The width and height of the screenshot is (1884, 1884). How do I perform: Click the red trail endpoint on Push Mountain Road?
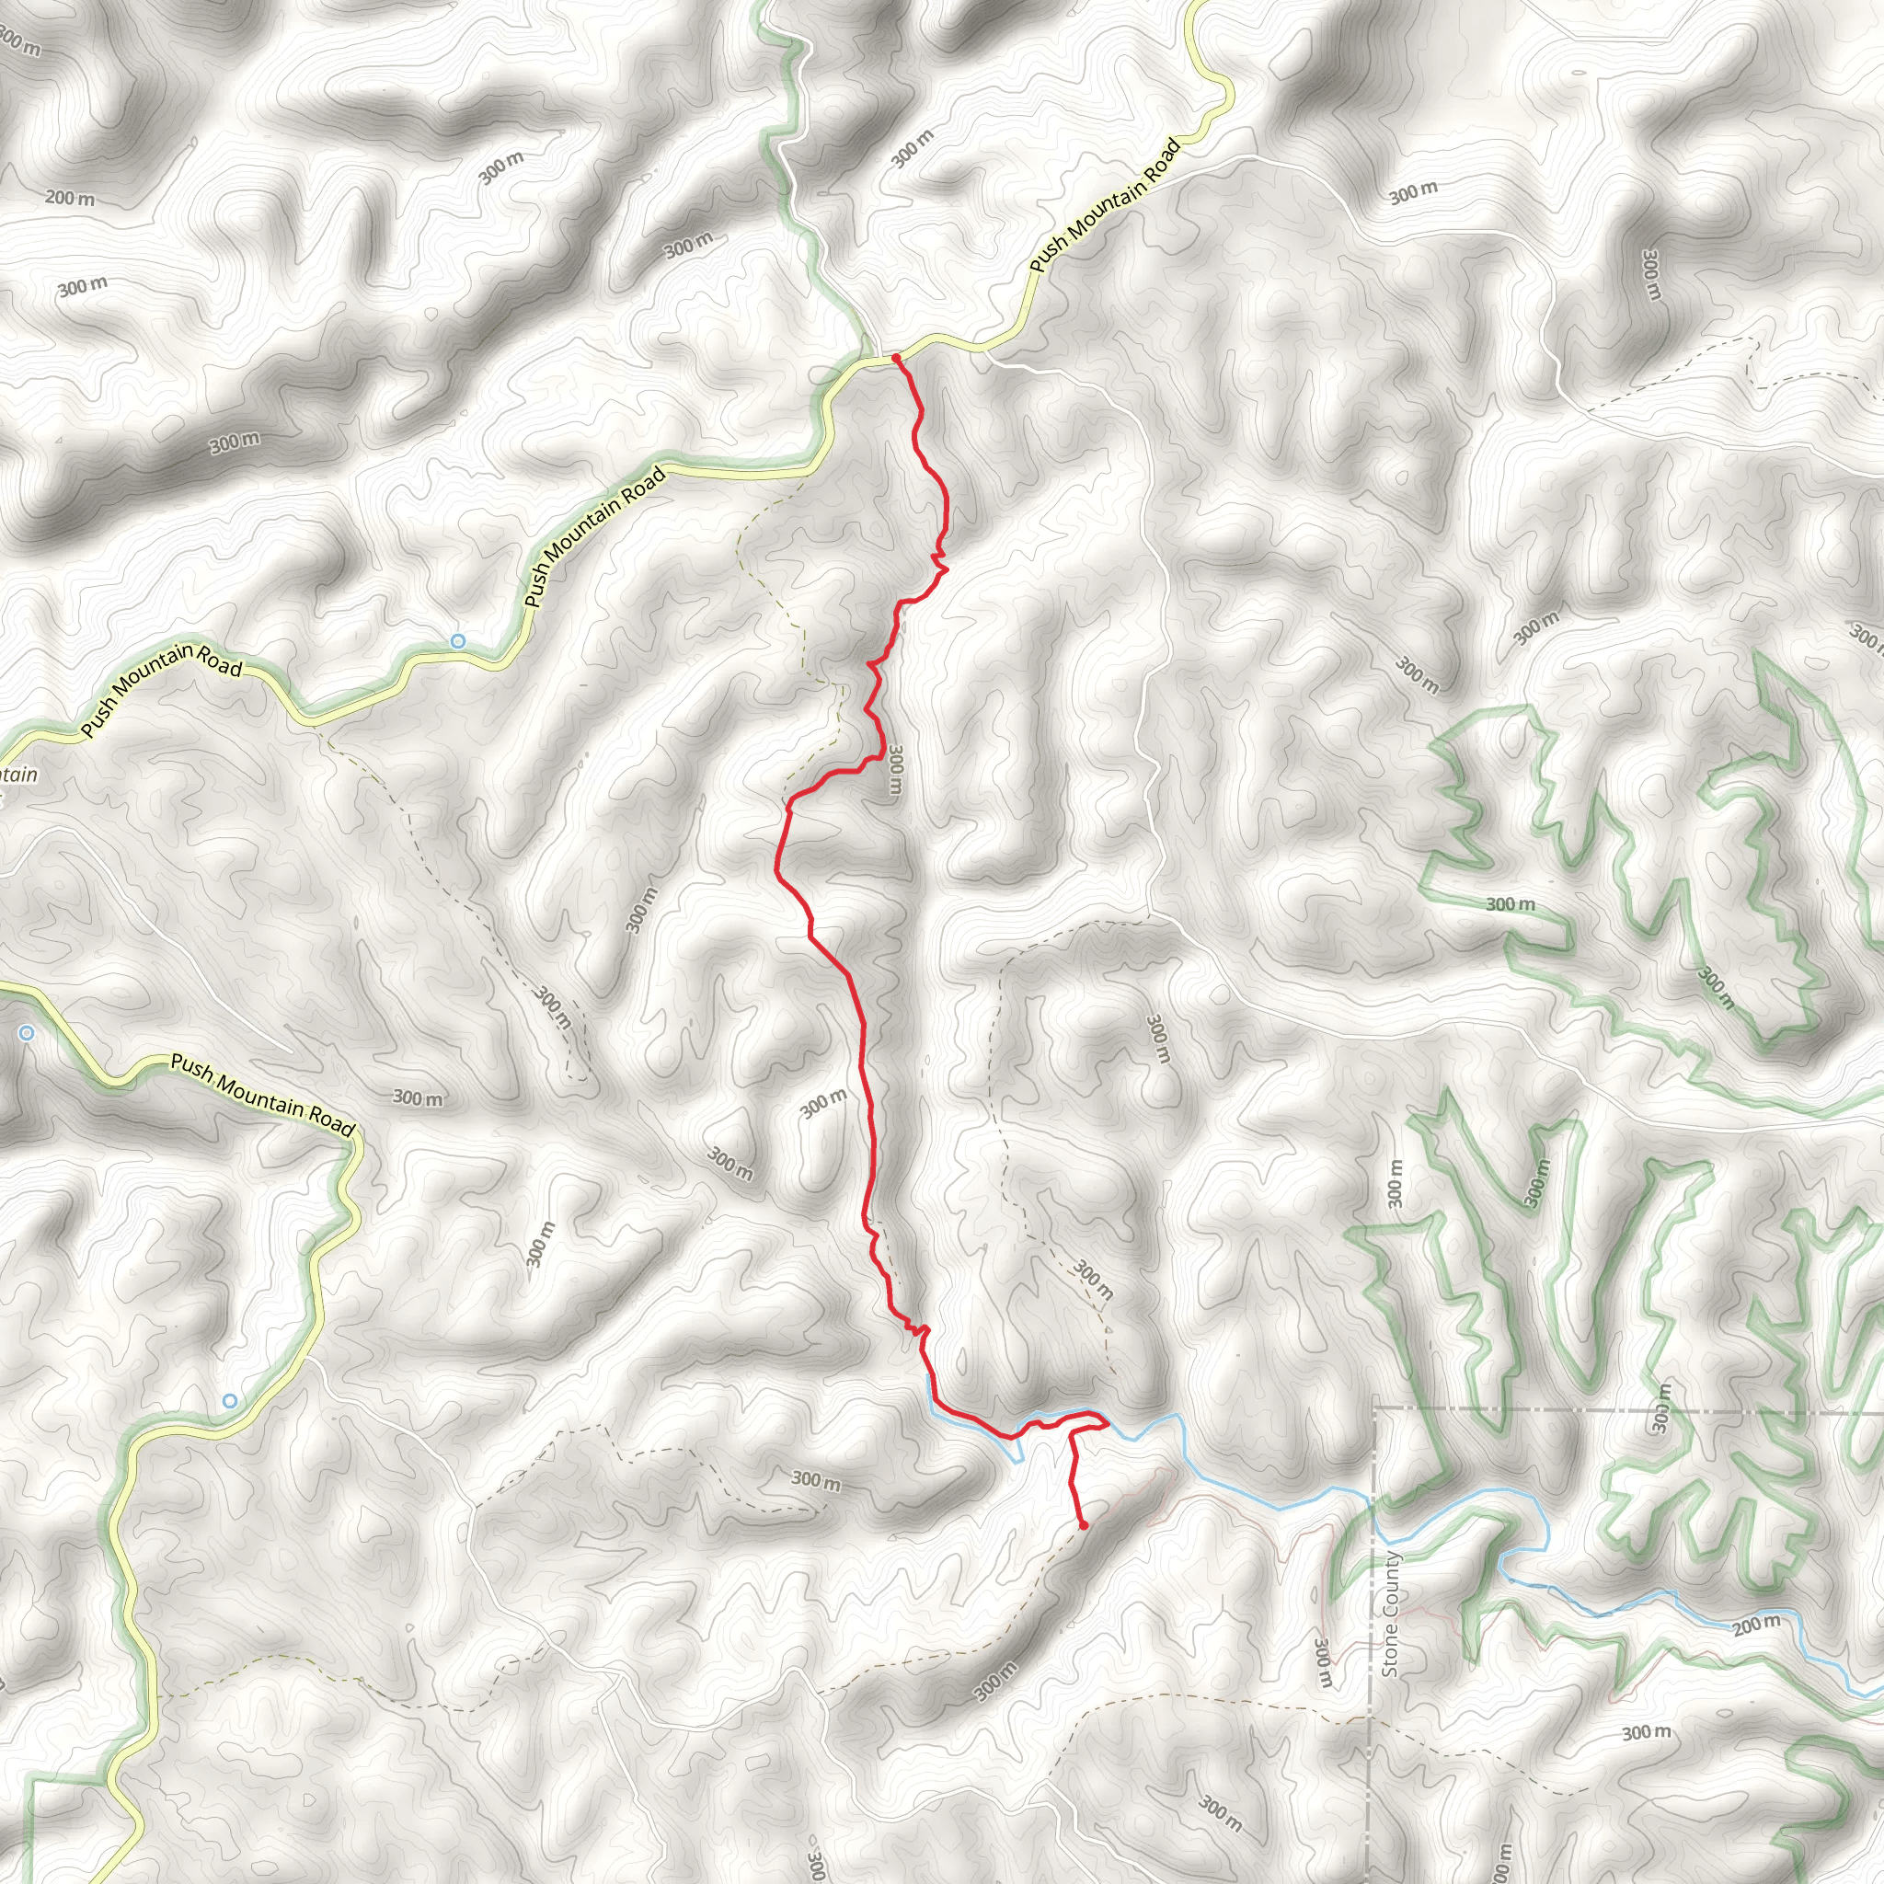895,359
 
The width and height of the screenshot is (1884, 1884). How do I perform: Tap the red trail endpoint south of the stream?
1084,1525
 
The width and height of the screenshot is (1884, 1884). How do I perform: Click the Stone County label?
1391,1614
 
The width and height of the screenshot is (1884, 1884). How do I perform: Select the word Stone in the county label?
1391,1647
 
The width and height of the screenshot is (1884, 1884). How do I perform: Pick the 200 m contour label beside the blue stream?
1756,1626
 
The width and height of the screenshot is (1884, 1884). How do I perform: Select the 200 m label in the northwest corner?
70,199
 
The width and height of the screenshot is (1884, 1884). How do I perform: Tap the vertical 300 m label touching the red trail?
895,769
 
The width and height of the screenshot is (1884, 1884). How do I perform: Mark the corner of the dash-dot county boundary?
1374,1410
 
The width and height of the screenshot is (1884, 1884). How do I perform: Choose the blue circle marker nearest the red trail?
457,640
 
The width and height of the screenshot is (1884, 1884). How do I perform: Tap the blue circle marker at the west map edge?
27,1033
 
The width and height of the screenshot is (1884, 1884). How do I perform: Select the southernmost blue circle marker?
229,1401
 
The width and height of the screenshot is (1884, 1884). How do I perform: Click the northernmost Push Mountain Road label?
1105,206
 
